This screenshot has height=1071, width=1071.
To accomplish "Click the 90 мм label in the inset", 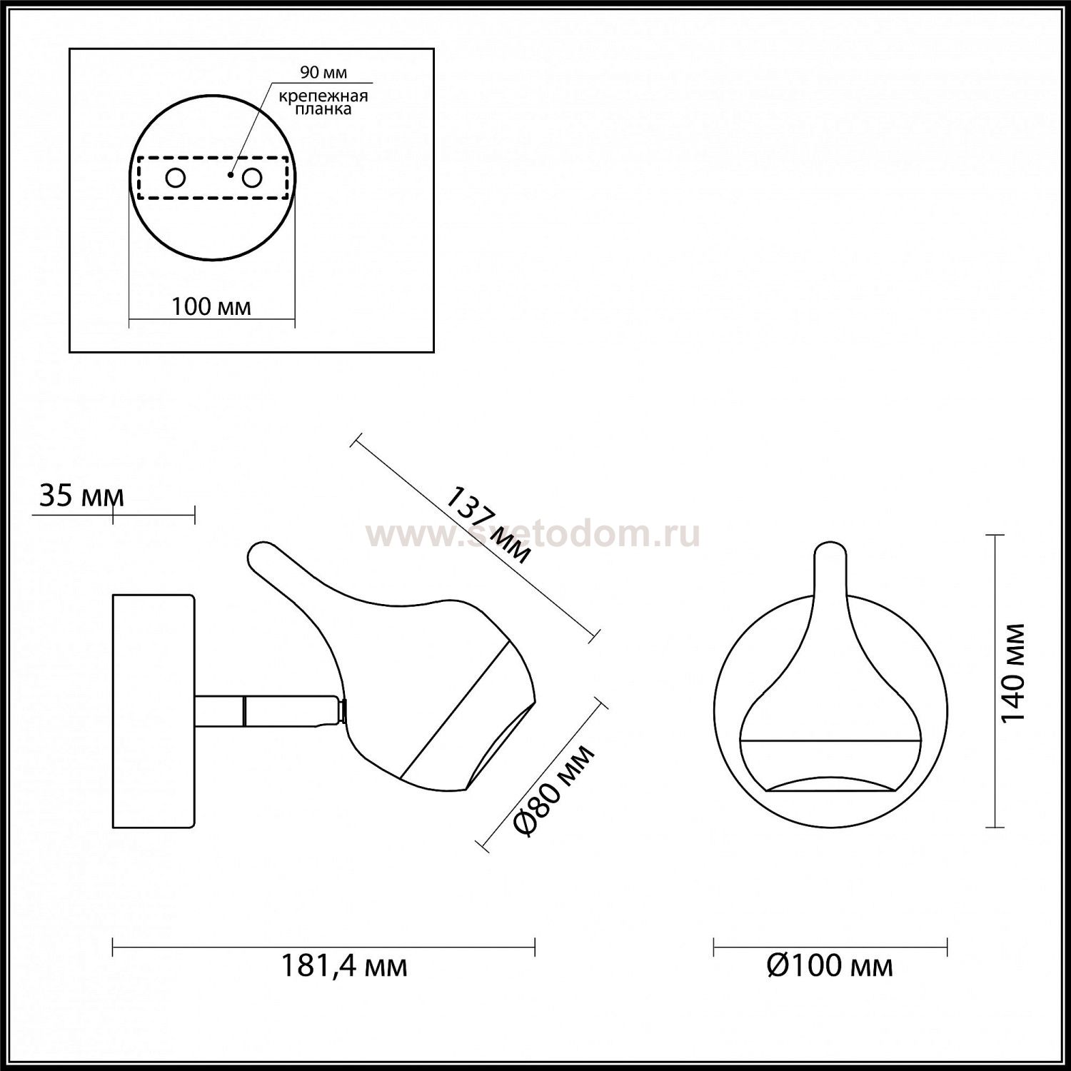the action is click(323, 74).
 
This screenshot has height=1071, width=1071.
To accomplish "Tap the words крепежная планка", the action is click(324, 103).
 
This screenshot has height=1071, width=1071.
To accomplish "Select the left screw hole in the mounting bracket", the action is click(175, 178).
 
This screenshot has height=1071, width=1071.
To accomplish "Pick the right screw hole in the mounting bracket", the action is click(251, 178).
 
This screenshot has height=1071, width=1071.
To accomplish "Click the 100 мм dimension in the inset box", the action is click(211, 306).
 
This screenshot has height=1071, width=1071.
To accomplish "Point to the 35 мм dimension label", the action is click(81, 496).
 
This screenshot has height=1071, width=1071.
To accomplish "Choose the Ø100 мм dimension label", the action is click(830, 967).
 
